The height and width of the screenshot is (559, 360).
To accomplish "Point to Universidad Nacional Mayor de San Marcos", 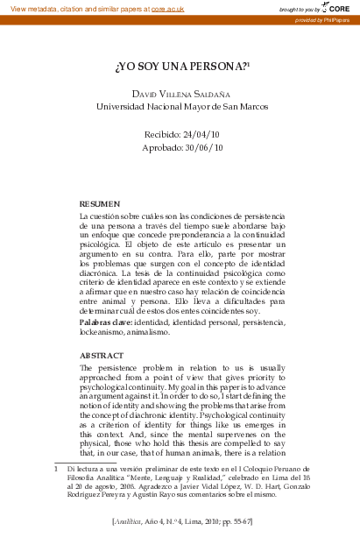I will [x=182, y=107].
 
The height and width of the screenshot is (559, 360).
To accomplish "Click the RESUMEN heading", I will [x=99, y=202].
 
